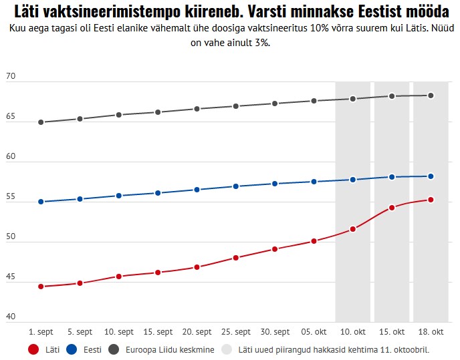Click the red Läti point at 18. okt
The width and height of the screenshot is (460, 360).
431,200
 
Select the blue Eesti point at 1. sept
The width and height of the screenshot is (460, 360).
41,202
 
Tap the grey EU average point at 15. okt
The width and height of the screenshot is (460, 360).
392,96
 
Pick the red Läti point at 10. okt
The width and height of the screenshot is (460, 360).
353,229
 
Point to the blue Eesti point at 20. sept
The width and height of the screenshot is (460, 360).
197,190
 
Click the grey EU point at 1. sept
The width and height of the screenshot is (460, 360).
41,122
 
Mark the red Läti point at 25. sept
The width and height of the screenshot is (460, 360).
236,258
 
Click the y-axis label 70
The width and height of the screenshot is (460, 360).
10,77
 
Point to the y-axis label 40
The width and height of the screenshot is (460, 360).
10,317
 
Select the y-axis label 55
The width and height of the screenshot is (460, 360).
10,197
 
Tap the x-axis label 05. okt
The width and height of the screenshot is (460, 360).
314,332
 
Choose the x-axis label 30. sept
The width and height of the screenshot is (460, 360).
275,332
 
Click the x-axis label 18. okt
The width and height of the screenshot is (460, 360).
431,332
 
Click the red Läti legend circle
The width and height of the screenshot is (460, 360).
33,349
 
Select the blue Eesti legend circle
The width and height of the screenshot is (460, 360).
74,349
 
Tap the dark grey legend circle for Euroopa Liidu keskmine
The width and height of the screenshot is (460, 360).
114,349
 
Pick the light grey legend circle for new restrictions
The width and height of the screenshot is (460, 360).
227,349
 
